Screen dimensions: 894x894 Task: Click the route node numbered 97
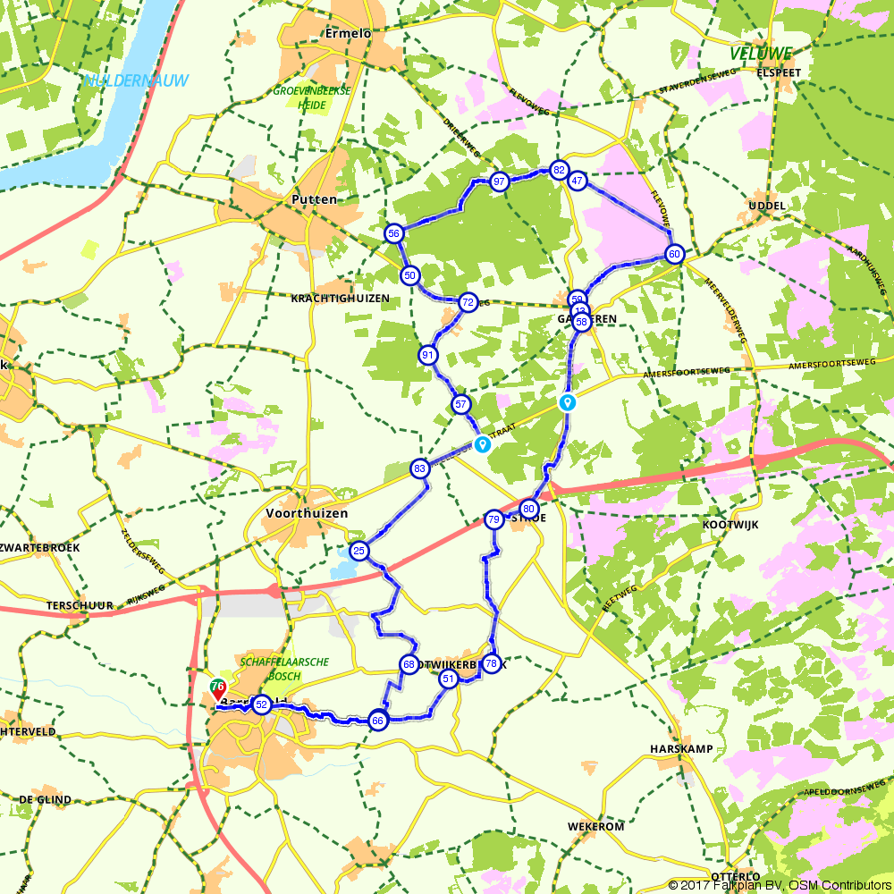click(500, 181)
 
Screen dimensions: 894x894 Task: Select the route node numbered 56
click(393, 233)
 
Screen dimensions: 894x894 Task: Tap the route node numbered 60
click(675, 254)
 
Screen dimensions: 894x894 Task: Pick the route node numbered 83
click(419, 468)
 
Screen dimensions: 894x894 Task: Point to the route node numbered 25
click(359, 551)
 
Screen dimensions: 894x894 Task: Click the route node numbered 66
click(377, 721)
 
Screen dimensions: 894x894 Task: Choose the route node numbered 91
click(428, 355)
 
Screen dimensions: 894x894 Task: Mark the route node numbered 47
click(578, 181)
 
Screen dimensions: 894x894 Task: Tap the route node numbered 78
click(490, 663)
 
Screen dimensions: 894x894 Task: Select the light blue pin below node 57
click(483, 443)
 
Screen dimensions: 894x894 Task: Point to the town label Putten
click(316, 199)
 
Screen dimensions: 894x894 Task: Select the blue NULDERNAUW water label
click(135, 80)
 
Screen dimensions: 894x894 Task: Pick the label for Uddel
click(768, 206)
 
